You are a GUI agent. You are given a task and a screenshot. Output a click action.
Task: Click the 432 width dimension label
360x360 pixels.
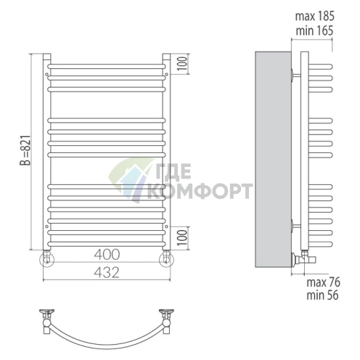107,273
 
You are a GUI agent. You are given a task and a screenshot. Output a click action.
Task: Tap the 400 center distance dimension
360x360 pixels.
107,254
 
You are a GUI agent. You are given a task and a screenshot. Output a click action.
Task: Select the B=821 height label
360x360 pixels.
25,150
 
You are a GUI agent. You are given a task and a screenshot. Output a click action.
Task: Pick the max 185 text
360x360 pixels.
314,16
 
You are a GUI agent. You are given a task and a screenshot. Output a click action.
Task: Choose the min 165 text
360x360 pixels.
314,30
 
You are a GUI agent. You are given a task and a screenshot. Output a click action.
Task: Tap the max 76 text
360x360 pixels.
323,282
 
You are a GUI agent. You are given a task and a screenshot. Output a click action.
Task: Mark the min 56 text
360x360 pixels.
322,295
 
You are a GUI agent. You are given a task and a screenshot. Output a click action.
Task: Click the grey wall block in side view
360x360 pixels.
273,159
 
